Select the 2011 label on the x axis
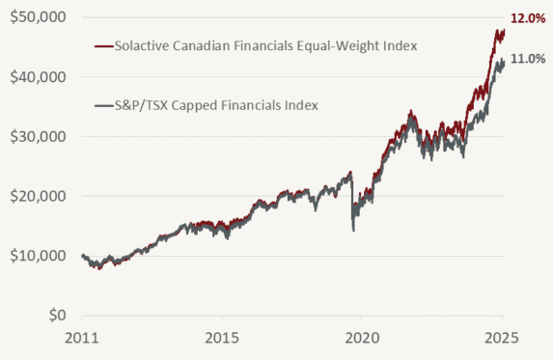point(81,341)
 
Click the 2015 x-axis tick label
point(221,341)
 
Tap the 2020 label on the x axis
point(361,341)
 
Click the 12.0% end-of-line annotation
point(527,17)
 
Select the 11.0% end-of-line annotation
point(527,59)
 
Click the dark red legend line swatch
point(102,44)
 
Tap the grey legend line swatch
point(102,104)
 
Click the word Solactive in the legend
point(141,44)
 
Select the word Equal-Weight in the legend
point(323,44)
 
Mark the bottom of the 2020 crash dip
point(353,230)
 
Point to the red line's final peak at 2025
point(504,30)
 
